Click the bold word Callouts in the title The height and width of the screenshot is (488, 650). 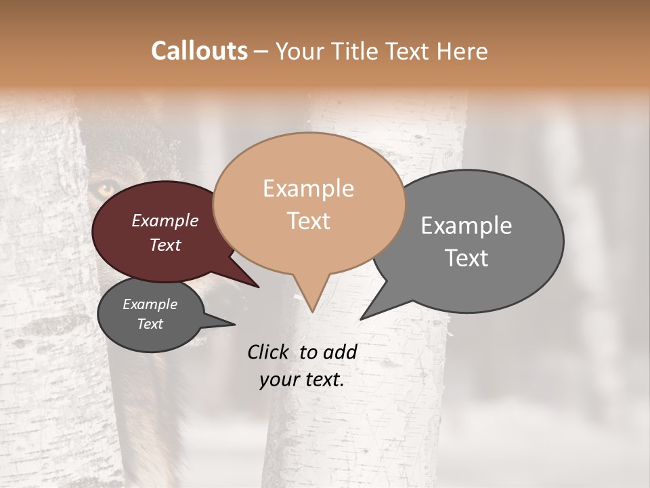(x=199, y=51)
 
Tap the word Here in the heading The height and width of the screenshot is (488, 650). (x=462, y=52)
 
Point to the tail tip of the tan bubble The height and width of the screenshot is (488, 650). (x=312, y=311)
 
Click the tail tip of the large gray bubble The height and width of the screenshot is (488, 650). (x=362, y=319)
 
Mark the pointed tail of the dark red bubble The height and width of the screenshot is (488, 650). (x=258, y=286)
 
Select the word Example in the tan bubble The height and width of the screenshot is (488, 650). (x=308, y=188)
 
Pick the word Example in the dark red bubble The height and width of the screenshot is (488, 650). (x=165, y=220)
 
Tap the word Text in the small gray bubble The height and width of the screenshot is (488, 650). (x=150, y=324)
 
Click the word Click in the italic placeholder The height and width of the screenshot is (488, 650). (x=268, y=352)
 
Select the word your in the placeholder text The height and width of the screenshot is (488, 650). (x=279, y=380)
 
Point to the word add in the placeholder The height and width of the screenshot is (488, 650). (x=341, y=352)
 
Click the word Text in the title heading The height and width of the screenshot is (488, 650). (x=410, y=52)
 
